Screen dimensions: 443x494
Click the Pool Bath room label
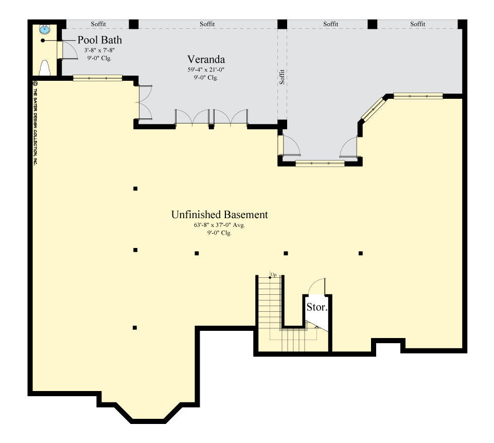tap(99, 40)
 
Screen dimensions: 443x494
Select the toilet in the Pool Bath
tap(45, 68)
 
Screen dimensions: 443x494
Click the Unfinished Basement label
tap(219, 215)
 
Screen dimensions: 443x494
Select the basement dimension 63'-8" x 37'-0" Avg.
tap(219, 225)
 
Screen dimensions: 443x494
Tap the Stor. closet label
tap(317, 308)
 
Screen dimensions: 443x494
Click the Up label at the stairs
tap(273, 275)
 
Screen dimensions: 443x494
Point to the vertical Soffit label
tap(282, 76)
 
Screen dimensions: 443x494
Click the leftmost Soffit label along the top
tap(98, 24)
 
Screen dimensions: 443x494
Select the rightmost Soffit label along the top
tap(418, 24)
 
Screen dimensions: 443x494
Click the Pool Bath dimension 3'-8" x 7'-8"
tap(99, 50)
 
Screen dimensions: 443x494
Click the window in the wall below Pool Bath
tap(97, 78)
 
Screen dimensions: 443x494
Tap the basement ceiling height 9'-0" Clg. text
tap(219, 233)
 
